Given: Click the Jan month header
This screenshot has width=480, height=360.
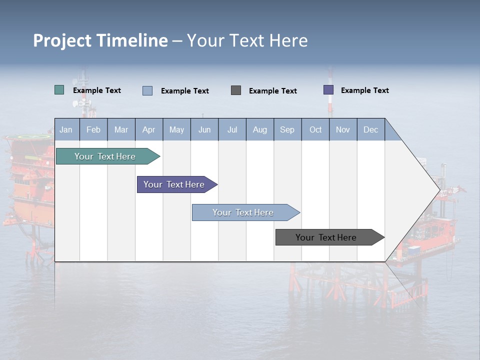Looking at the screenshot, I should tap(66, 129).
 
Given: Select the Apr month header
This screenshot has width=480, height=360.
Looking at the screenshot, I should tap(148, 129).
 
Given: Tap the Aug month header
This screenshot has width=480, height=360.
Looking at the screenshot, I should tap(259, 129).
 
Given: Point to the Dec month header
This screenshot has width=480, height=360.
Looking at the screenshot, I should tap(370, 129).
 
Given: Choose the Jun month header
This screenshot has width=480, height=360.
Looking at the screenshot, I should tap(204, 129).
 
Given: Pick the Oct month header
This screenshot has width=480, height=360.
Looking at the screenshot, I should tap(315, 129).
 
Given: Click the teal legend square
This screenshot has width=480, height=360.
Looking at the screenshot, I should tap(59, 90).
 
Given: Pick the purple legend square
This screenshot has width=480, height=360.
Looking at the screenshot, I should tap(328, 90).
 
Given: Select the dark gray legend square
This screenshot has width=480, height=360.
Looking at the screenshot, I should tap(236, 90).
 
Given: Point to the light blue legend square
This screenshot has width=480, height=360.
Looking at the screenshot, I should tap(147, 90).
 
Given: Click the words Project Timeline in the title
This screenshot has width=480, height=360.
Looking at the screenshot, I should tap(100, 40).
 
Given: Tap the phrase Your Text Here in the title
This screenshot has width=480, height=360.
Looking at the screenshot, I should tap(247, 40).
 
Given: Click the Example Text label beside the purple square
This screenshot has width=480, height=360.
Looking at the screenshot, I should tap(364, 90).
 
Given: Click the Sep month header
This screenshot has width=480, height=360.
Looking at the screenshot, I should tap(287, 129).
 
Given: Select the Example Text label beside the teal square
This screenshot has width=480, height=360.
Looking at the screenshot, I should tap(96, 90).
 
